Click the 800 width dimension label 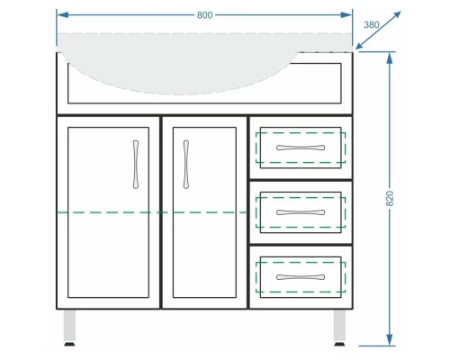click(205, 15)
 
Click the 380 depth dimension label click(372, 25)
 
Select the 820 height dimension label click(390, 198)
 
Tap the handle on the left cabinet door click(136, 165)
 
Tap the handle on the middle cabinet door click(186, 165)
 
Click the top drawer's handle click(301, 148)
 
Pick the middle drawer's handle click(301, 212)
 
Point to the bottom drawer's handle click(301, 277)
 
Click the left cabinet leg click(69, 326)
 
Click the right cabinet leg click(339, 326)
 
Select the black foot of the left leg click(69, 344)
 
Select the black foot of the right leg click(339, 344)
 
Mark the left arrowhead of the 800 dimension click(62, 15)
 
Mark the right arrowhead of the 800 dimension click(346, 15)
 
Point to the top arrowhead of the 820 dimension click(390, 58)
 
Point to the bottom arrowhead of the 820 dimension click(390, 340)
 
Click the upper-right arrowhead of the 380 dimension click(397, 15)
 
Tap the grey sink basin click(180, 65)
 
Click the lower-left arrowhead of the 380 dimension click(360, 45)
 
